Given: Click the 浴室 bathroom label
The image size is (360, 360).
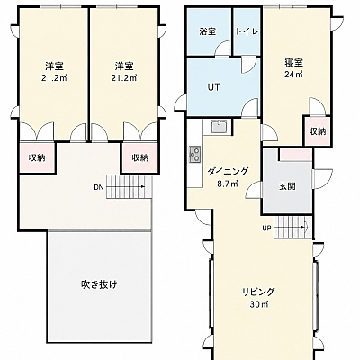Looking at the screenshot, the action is tap(208, 31).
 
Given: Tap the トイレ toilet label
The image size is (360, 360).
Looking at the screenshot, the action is tap(247, 31).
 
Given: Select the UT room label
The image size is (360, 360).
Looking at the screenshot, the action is tap(214, 87).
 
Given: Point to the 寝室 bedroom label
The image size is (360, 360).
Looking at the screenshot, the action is tap(294, 63).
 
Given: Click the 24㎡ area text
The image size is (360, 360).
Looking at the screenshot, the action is tap(293, 74).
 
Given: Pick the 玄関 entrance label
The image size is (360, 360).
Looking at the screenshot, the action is tap(287, 186).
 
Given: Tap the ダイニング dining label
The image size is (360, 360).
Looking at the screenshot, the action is tap(228, 172).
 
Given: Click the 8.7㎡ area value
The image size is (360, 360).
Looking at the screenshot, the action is tap(228, 184).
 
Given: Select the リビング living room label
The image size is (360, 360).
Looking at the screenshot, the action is tap(258, 292).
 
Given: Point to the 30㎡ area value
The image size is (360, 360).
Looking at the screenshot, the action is tap(258, 304).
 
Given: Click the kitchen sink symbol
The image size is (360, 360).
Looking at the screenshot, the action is tap(221, 127).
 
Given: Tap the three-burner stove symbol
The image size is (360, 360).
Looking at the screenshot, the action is tap(195, 155).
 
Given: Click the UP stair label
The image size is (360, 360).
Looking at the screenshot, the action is tap(266, 229).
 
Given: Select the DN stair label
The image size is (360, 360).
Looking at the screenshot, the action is tap(99, 188).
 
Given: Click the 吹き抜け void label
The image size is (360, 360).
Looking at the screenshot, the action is tap(99, 284).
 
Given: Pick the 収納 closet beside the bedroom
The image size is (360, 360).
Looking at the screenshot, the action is tap(318, 131).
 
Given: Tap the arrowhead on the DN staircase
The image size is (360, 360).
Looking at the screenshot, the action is tap(143, 187).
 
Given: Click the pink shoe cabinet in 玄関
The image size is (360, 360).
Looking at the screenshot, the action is tap(296, 155).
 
